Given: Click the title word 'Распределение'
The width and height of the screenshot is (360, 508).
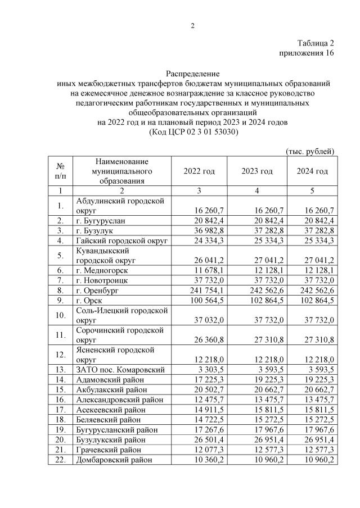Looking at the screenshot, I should pos(192,74).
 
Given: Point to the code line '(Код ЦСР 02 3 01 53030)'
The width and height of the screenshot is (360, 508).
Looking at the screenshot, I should pos(192,132).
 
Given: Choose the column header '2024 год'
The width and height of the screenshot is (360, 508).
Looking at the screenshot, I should pos(312,171).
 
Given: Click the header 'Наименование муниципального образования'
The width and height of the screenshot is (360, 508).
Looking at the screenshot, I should pos(121,171).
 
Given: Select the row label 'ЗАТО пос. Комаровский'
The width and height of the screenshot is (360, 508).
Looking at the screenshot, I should pos(120,370).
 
